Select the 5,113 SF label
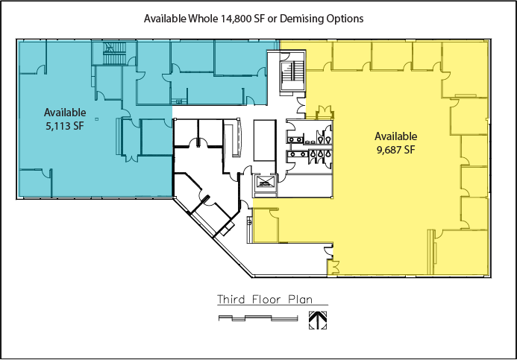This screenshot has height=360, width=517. (x=65, y=126)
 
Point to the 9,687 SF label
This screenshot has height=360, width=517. (x=395, y=150)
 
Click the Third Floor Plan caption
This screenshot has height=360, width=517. (x=265, y=300)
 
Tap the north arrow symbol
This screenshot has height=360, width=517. (x=318, y=320)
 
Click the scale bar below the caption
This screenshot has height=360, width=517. (x=258, y=318)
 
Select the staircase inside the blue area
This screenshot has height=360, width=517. (x=114, y=53)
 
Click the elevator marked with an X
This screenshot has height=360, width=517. (x=265, y=182)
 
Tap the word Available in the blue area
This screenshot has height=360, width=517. (x=65, y=113)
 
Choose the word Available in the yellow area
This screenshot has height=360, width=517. (x=395, y=136)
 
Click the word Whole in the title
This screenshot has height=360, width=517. (x=203, y=19)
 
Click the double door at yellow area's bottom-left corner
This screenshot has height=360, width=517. (x=333, y=267)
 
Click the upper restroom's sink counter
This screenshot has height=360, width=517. (x=295, y=140)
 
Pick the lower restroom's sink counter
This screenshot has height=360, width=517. (x=297, y=154)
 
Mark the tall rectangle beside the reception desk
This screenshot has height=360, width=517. (x=265, y=141)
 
